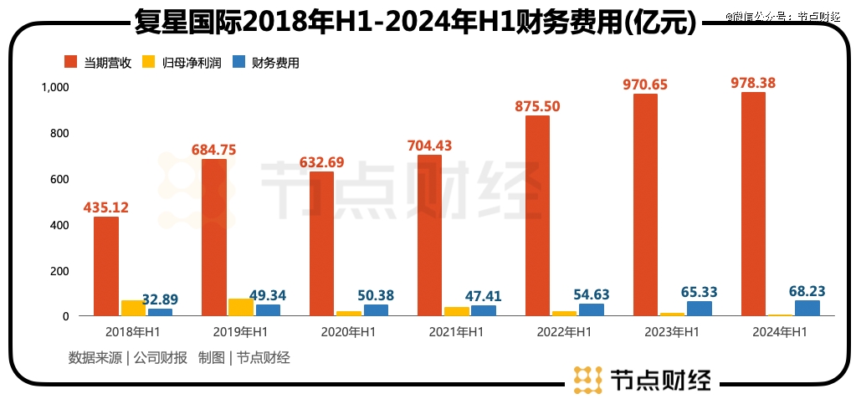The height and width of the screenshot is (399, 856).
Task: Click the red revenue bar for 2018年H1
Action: click(106, 266)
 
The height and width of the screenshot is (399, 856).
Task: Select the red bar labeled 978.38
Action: click(753, 204)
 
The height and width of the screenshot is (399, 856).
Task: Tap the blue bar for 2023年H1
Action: click(700, 309)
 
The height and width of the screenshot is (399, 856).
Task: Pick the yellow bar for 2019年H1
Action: click(240, 307)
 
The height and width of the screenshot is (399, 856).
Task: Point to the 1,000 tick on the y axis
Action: click(55, 87)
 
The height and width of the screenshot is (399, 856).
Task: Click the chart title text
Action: click(415, 22)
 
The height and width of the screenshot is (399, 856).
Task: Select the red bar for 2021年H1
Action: click(429, 235)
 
